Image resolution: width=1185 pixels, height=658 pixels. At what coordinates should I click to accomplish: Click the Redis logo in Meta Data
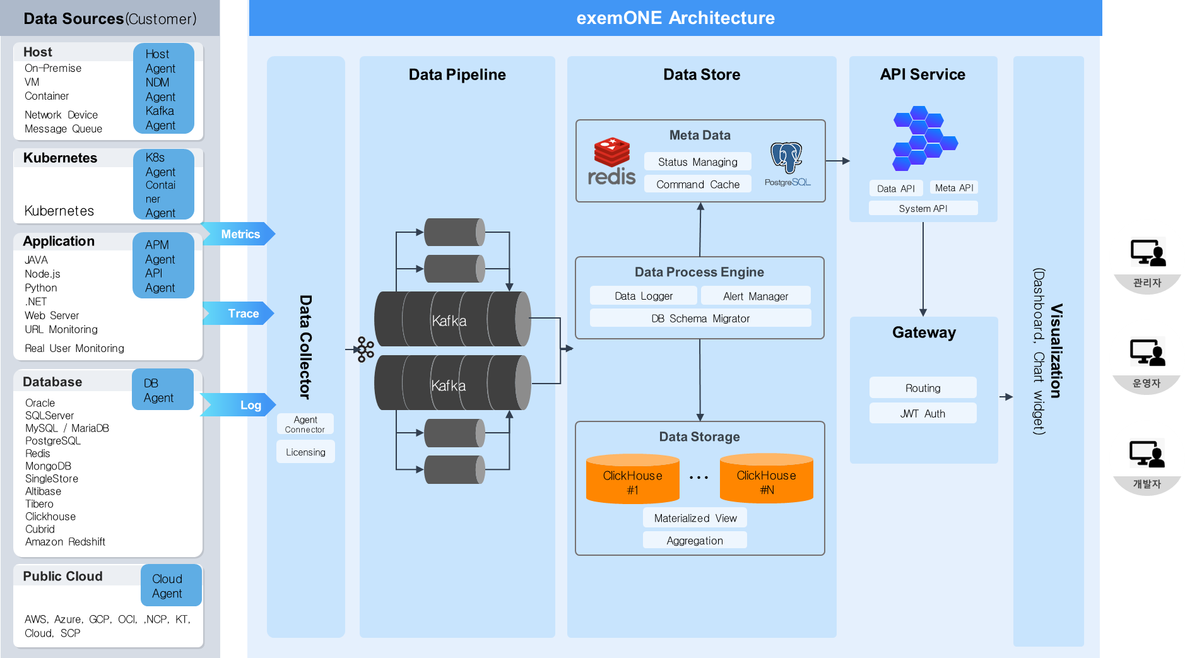pyautogui.click(x=611, y=162)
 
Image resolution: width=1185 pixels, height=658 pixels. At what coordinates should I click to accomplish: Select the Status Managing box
pyautogui.click(x=697, y=162)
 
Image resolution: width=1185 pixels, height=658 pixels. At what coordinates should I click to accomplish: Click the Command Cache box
pyautogui.click(x=697, y=184)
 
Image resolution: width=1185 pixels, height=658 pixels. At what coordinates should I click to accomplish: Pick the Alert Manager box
pyautogui.click(x=755, y=296)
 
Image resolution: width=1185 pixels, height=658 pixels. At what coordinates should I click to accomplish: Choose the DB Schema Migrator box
pyautogui.click(x=700, y=319)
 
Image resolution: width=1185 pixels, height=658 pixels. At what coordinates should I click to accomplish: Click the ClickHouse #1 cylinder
pyautogui.click(x=632, y=479)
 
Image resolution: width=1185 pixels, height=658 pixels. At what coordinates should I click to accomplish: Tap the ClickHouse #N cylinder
pyautogui.click(x=766, y=479)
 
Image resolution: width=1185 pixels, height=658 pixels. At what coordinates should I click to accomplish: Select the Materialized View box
pyautogui.click(x=695, y=518)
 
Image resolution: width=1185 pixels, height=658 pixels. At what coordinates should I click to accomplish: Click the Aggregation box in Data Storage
pyautogui.click(x=695, y=541)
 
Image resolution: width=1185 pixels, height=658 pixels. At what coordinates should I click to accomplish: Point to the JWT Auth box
pyautogui.click(x=923, y=414)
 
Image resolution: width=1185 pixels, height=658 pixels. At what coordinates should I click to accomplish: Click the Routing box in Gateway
pyautogui.click(x=923, y=388)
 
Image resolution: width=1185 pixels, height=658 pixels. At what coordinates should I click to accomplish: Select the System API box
pyautogui.click(x=923, y=209)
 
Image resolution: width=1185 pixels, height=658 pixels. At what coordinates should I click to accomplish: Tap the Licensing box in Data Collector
pyautogui.click(x=305, y=452)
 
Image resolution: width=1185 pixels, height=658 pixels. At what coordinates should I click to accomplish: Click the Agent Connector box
pyautogui.click(x=305, y=424)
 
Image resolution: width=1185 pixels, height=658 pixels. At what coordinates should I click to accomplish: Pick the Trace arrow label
pyautogui.click(x=242, y=314)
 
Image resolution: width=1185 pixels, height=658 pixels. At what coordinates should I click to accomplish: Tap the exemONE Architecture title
pyautogui.click(x=675, y=18)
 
